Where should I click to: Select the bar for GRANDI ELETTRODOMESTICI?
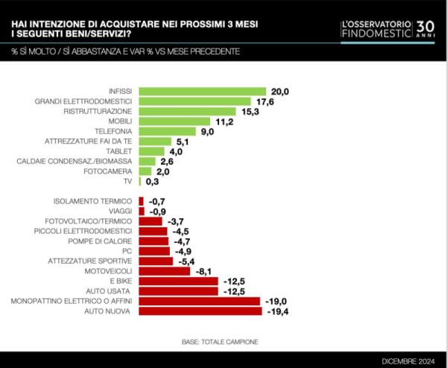[195, 101]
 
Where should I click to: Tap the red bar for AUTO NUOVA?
[200, 311]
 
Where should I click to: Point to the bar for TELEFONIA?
[168, 131]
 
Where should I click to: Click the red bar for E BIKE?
[179, 281]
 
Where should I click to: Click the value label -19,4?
[277, 311]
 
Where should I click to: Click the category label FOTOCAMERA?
[110, 171]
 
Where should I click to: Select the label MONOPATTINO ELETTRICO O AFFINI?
[72, 301]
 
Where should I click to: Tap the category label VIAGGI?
[119, 211]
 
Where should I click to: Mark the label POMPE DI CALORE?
[101, 241]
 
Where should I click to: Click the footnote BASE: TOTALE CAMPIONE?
[220, 341]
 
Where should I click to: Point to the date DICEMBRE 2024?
[408, 361]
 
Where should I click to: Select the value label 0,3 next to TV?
[153, 181]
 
